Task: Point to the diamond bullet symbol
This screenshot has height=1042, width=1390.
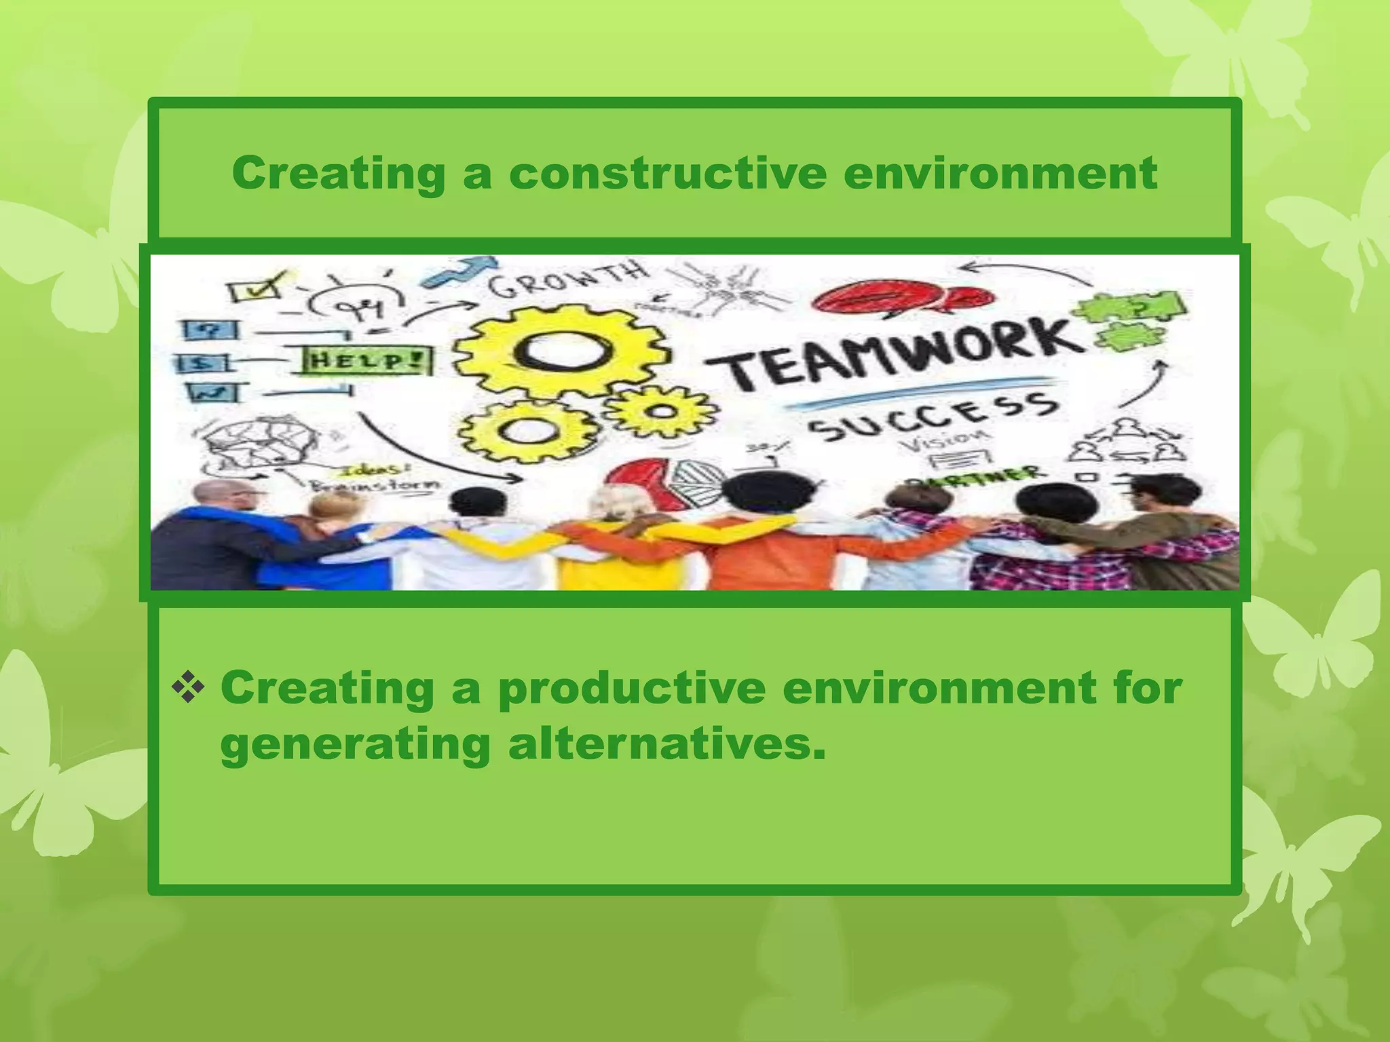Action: (x=188, y=689)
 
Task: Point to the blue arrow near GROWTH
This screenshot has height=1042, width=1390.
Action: (x=457, y=272)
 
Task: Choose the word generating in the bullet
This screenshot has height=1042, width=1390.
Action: (x=355, y=746)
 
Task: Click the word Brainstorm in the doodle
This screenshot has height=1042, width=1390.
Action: (x=375, y=486)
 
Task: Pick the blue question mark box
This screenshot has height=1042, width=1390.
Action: (x=210, y=330)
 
